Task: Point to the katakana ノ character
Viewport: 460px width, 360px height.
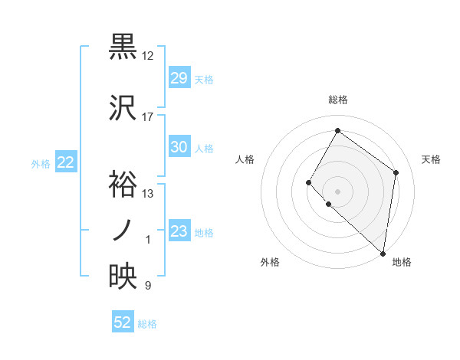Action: click(123, 230)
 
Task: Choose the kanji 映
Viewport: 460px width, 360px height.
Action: click(123, 277)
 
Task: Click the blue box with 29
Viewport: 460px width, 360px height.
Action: click(179, 78)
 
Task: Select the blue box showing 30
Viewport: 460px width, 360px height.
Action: click(179, 147)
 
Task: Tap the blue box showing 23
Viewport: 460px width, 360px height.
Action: click(179, 231)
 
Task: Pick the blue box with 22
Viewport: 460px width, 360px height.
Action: click(65, 162)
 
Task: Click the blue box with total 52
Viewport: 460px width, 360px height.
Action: click(123, 322)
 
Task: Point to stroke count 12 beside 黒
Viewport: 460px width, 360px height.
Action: click(148, 56)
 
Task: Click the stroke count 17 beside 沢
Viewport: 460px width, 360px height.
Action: click(148, 117)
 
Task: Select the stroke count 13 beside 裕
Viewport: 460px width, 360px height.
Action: click(148, 194)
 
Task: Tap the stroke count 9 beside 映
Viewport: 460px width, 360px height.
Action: click(148, 286)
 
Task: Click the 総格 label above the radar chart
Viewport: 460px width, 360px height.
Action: click(337, 100)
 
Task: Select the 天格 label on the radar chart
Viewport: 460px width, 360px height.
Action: click(431, 159)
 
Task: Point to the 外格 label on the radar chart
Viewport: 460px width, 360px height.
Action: click(270, 262)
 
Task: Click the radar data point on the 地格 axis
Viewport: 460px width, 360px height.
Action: click(383, 254)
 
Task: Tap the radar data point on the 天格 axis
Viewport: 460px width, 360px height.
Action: click(396, 172)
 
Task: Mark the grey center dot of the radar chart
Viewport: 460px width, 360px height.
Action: click(337, 191)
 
